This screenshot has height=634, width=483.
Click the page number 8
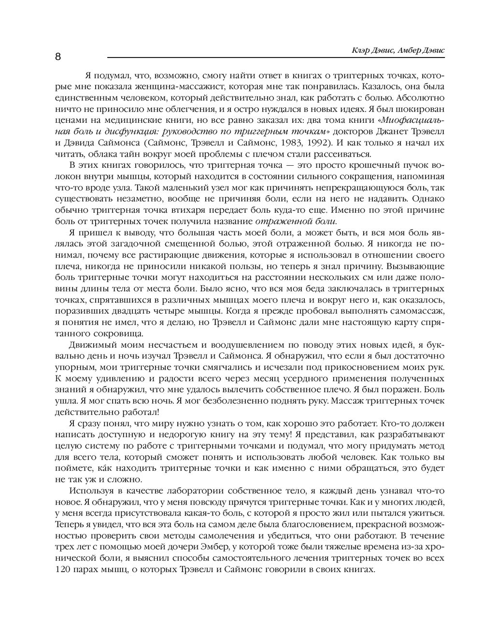click(x=58, y=57)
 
